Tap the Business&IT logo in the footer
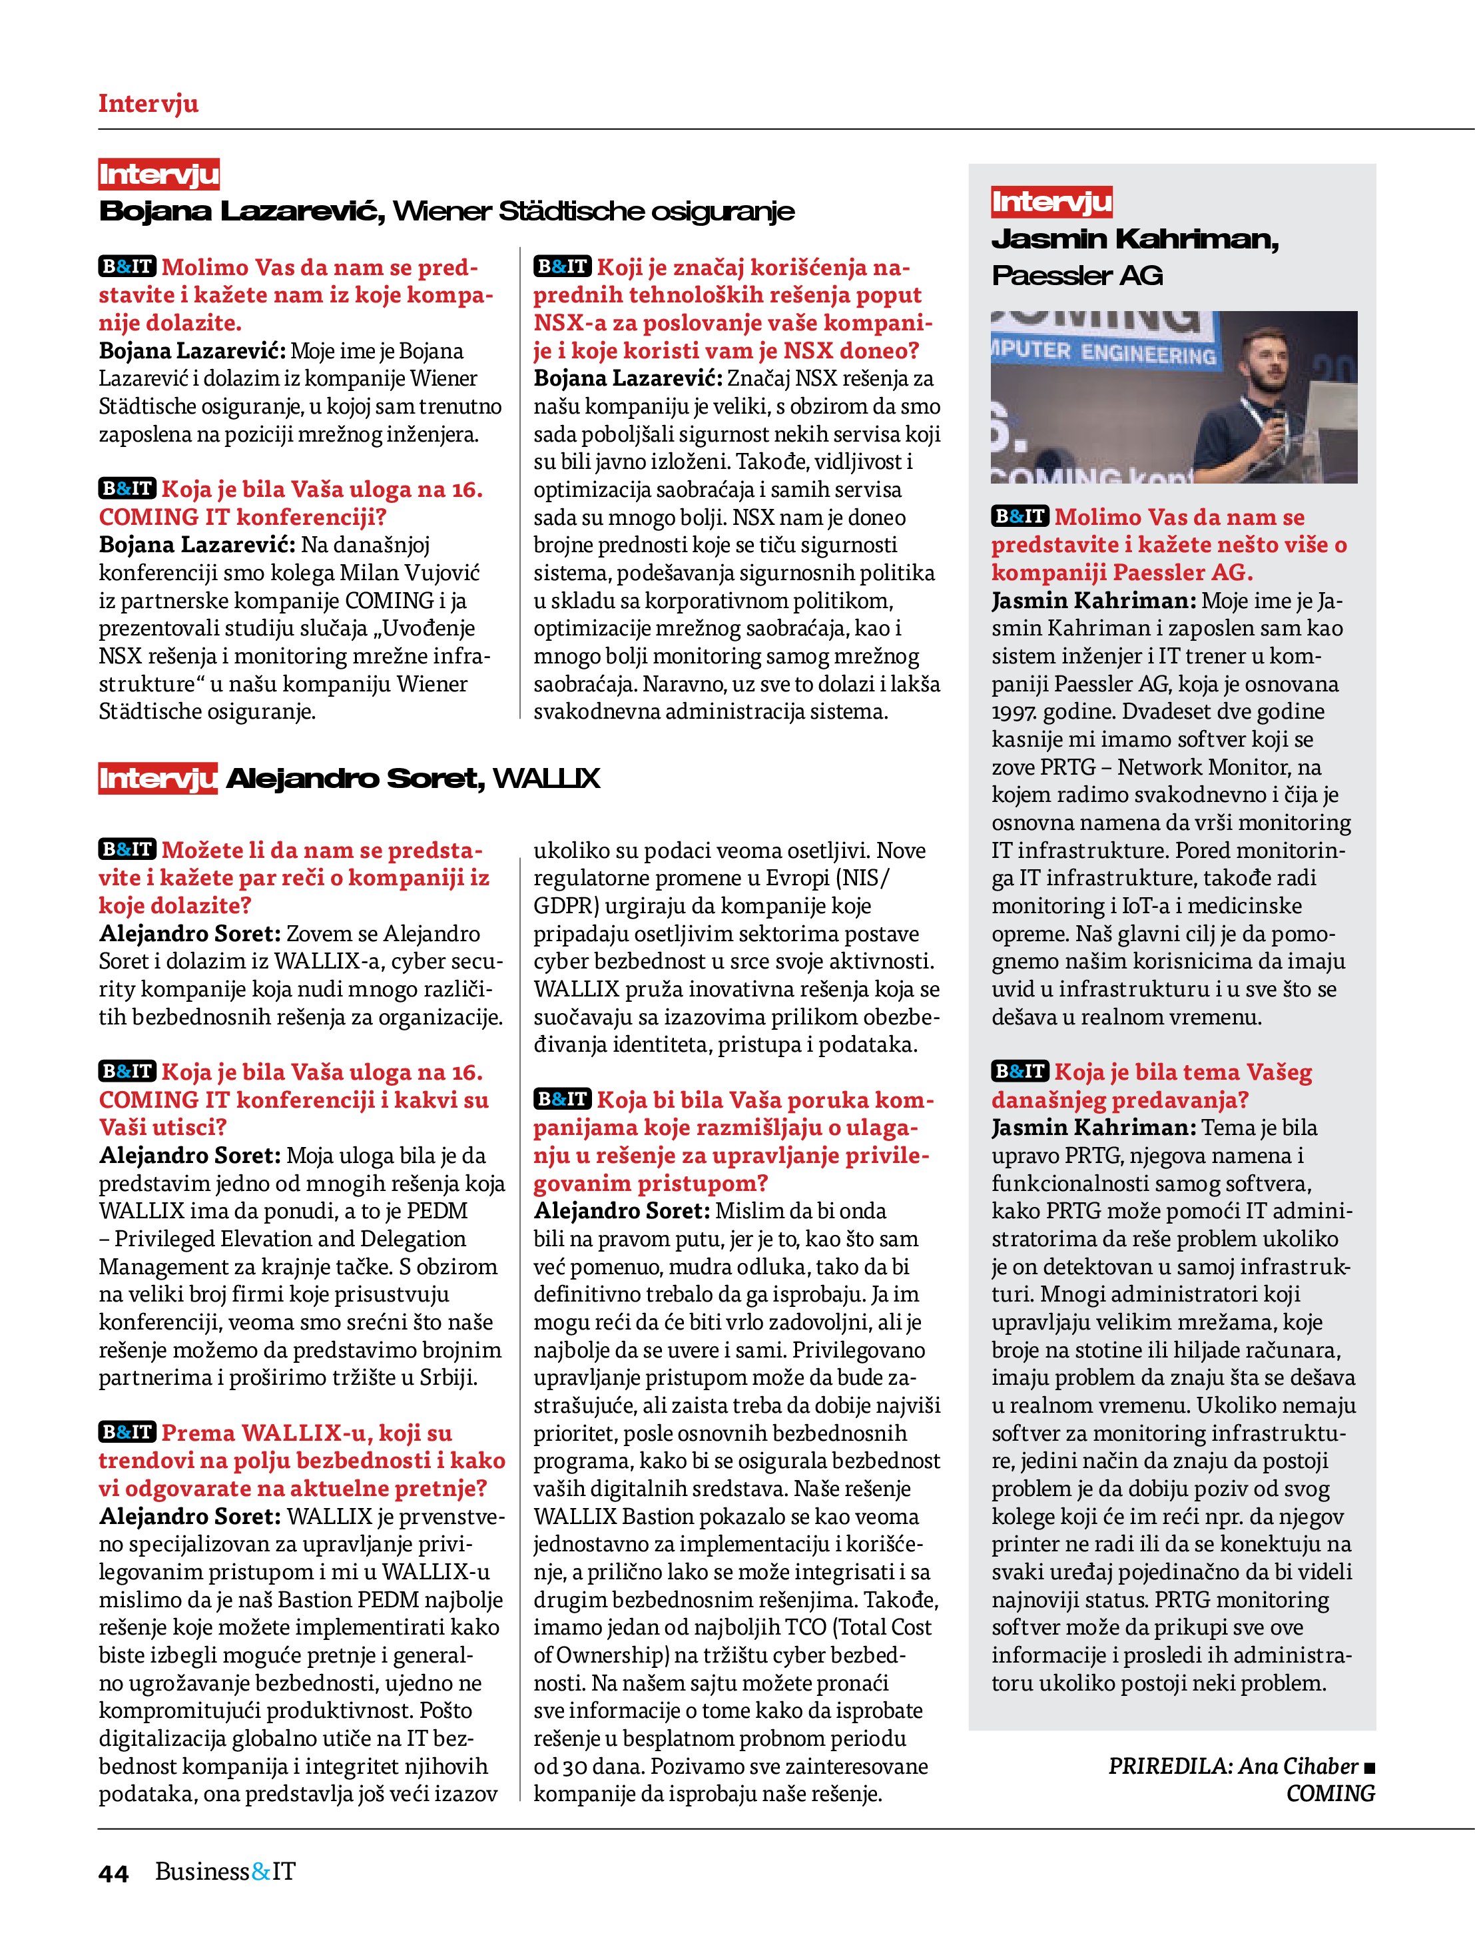225,1871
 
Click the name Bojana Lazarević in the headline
241,211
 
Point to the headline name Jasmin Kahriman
1135,239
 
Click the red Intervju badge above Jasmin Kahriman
1051,202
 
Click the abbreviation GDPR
564,907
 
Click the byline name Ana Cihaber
1298,1766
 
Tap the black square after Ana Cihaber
1368,1766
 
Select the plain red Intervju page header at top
148,103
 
